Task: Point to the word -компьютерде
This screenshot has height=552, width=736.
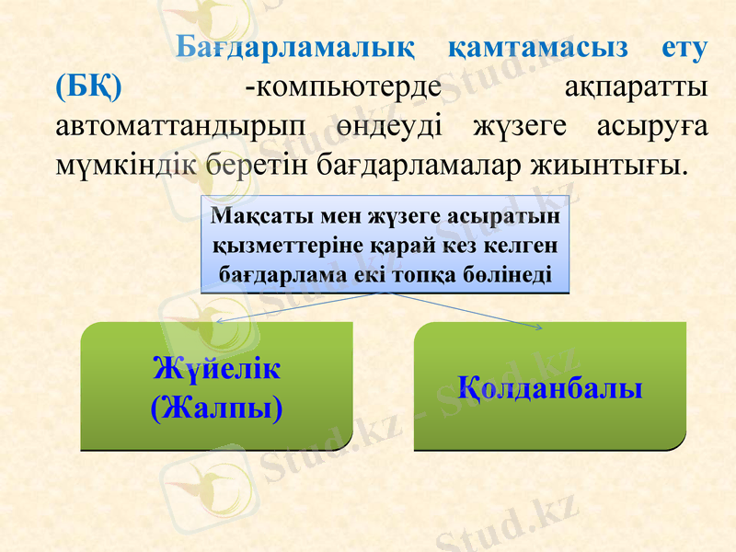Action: pyautogui.click(x=343, y=87)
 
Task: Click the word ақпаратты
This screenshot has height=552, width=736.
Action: pyautogui.click(x=635, y=87)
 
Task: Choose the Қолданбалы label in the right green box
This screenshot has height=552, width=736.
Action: pyautogui.click(x=550, y=387)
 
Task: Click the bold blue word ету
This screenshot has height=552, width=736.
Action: pyautogui.click(x=685, y=49)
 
